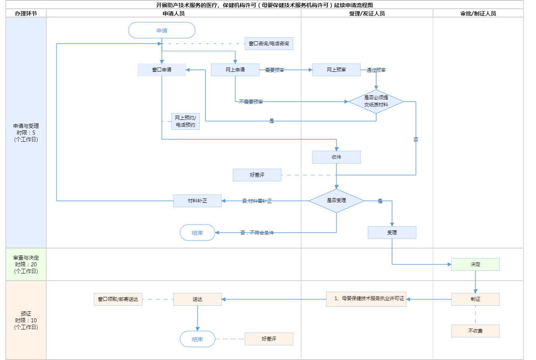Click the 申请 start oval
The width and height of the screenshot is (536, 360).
162,31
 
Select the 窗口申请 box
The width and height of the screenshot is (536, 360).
162,70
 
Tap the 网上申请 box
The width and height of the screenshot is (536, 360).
235,70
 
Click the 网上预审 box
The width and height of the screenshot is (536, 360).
336,70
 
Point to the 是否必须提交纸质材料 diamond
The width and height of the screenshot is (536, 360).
376,101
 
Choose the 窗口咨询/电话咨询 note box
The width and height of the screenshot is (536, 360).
269,44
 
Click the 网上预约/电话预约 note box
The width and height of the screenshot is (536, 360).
185,121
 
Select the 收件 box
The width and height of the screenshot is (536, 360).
336,157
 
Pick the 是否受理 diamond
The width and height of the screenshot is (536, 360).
336,200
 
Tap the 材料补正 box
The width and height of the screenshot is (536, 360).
197,201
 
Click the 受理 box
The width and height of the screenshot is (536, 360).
392,233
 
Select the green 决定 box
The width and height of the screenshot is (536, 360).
475,264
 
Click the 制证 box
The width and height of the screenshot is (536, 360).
475,299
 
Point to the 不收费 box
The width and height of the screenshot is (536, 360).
475,331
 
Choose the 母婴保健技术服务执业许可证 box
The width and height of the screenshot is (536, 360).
366,299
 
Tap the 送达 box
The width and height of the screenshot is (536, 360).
197,299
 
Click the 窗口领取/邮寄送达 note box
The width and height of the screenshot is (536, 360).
118,299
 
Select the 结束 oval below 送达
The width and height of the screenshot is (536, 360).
197,339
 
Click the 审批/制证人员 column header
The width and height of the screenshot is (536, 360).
478,13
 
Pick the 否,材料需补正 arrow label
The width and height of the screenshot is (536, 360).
257,201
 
